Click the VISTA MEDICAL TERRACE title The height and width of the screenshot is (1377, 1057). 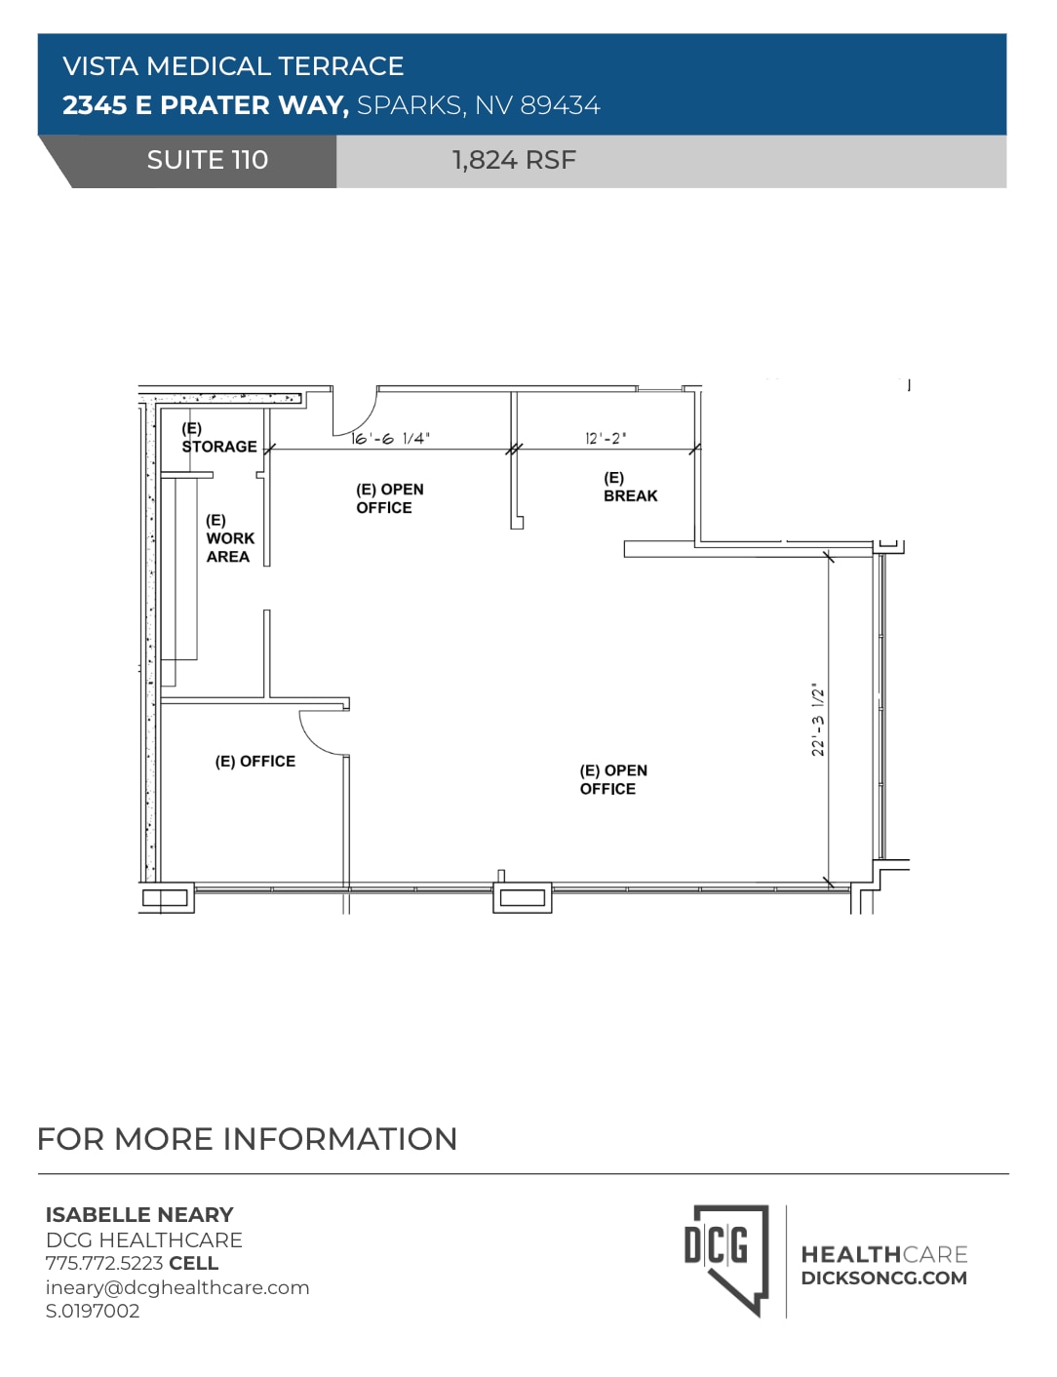point(233,66)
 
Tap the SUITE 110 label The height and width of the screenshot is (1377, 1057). point(207,160)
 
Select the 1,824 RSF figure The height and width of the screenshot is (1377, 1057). point(514,160)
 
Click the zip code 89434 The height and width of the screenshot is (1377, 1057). point(560,105)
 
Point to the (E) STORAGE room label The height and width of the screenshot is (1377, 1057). point(218,438)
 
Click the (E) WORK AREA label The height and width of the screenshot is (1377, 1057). point(229,538)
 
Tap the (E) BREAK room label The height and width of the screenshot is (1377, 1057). point(630,487)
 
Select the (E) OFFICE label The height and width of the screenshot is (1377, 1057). point(254,762)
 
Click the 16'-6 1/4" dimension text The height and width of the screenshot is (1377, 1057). point(390,439)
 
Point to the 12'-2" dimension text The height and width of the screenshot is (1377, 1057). point(606,439)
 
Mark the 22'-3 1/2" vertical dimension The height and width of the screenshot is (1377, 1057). point(818,720)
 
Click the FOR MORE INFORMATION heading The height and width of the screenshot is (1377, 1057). point(247,1139)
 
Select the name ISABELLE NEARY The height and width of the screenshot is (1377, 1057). point(139,1215)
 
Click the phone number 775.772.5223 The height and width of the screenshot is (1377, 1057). point(104,1264)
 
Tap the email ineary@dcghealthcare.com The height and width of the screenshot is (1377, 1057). point(177,1287)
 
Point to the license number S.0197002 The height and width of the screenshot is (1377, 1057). point(93,1312)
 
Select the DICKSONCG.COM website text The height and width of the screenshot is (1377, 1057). point(883,1279)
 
